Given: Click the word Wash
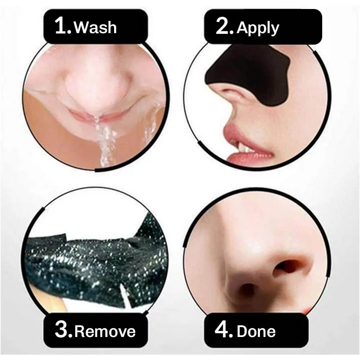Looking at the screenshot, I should pos(95,28).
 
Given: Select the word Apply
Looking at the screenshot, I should pos(258,28).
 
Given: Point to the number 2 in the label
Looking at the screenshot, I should pos(224,27).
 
